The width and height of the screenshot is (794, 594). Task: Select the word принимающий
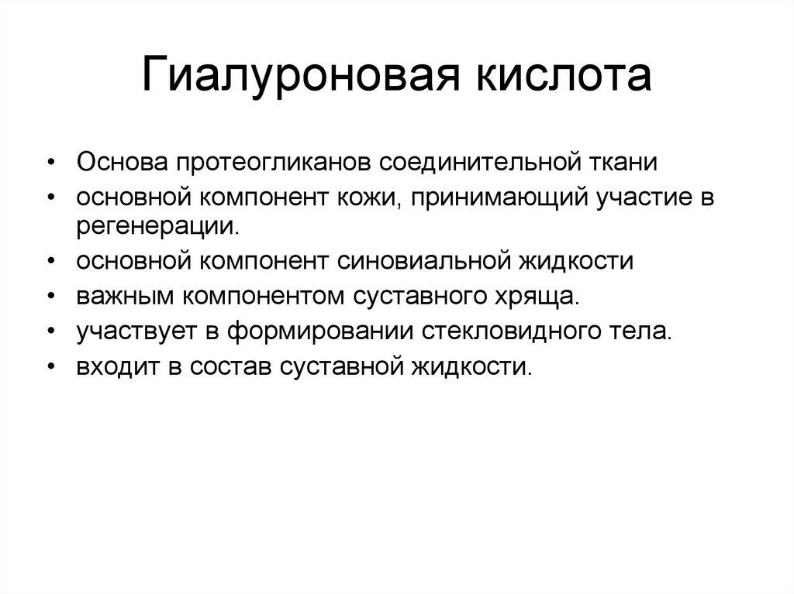coord(498,197)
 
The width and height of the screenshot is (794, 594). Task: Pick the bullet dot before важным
coord(51,296)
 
